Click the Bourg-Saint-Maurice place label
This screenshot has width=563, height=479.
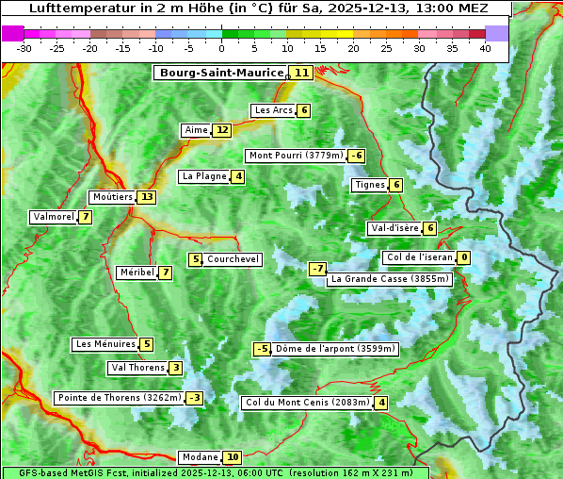coord(221,73)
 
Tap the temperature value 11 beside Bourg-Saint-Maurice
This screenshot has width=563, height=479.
coord(301,73)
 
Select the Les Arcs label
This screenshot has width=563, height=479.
coord(274,110)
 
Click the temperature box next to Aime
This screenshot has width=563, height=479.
coord(221,130)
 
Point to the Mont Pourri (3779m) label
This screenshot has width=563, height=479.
coord(295,156)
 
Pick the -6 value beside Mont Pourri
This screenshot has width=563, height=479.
coord(356,156)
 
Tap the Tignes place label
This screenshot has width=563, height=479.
coord(369,185)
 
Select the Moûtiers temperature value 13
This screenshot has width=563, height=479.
coord(146,197)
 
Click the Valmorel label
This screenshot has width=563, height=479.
coord(53,217)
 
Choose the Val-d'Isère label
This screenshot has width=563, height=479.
coord(394,228)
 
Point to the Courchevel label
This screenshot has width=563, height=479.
coord(233,259)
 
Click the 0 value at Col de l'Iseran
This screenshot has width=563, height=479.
coord(464,257)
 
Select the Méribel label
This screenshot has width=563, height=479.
coord(137,273)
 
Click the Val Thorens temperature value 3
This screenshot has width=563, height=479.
coord(175,368)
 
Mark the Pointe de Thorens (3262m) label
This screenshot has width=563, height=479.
coord(119,398)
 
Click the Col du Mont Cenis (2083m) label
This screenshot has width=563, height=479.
coord(306,403)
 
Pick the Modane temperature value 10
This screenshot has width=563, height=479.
coord(233,457)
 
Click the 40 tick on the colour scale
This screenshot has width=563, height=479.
coord(485,49)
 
